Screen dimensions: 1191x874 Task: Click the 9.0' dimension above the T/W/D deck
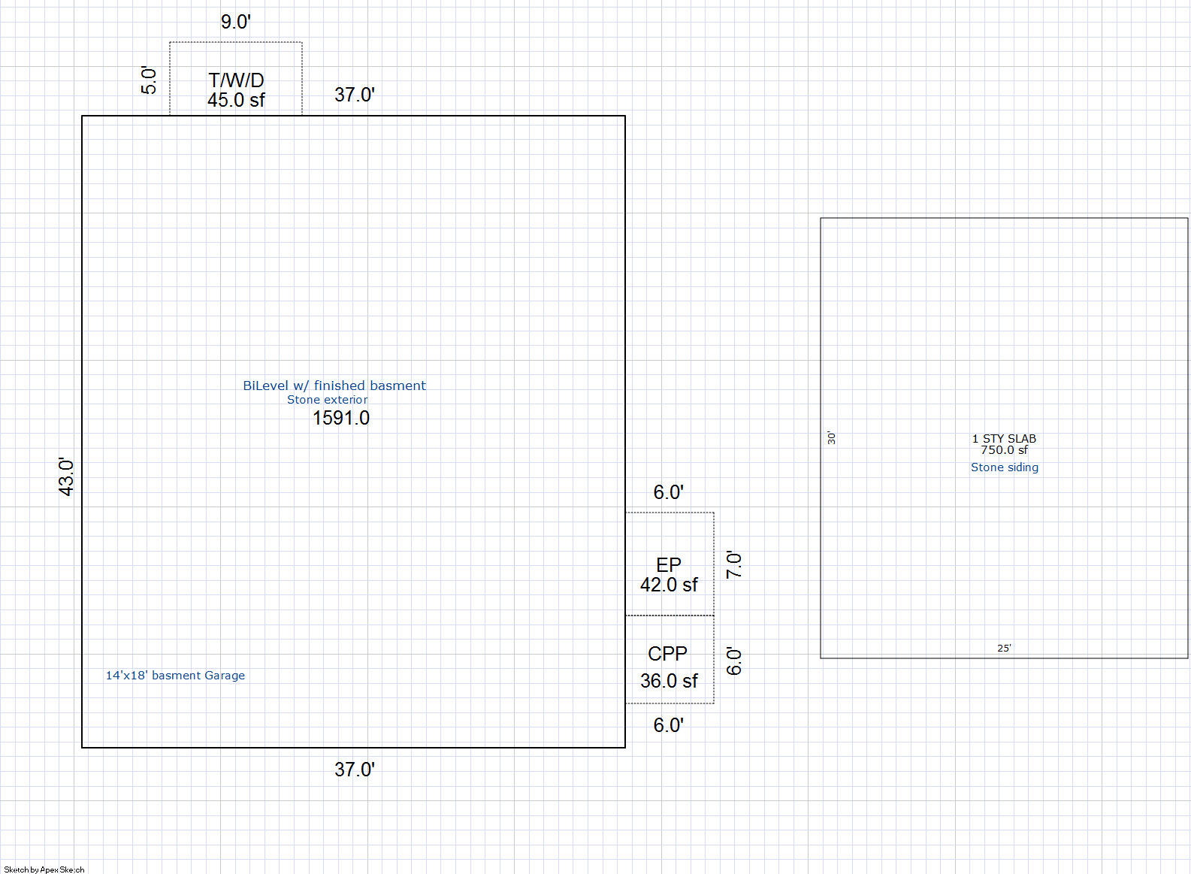(x=235, y=22)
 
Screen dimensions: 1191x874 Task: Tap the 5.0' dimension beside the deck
(x=149, y=80)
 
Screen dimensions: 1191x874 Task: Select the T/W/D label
(x=236, y=80)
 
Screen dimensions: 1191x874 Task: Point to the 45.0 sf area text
(x=236, y=100)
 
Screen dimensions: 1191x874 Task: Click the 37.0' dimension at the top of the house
(x=355, y=95)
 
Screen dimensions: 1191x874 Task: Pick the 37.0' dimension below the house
(x=355, y=770)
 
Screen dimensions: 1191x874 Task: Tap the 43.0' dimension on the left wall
(x=66, y=476)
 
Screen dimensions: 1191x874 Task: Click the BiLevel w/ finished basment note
(x=334, y=386)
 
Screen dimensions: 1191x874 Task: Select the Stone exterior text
(x=328, y=400)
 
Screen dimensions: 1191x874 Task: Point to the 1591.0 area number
(x=341, y=418)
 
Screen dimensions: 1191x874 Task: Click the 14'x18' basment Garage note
(x=176, y=675)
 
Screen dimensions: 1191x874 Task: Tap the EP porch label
(x=668, y=564)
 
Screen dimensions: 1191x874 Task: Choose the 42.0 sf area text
(x=669, y=585)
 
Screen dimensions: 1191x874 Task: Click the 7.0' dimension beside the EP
(x=733, y=564)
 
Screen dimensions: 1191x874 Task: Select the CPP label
(x=667, y=653)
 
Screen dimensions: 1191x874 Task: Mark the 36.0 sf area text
(x=669, y=681)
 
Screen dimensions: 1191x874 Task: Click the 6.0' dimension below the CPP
(x=668, y=725)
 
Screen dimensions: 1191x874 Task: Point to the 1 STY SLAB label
(x=1004, y=439)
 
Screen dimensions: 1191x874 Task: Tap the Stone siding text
(x=1005, y=467)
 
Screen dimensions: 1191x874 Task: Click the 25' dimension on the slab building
(x=1004, y=648)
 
